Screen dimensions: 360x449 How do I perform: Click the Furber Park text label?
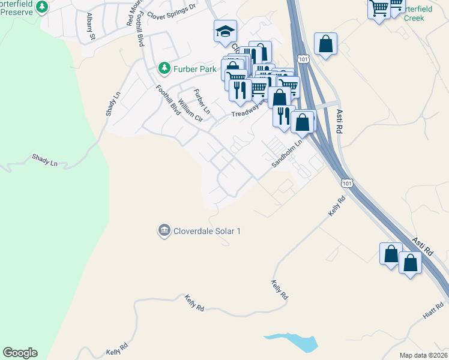point(194,70)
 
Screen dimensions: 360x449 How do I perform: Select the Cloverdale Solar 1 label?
point(206,231)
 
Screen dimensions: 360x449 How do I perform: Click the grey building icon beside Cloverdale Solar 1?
point(164,231)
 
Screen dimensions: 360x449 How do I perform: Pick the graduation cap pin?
point(225,31)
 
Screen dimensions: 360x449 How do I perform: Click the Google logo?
point(20,353)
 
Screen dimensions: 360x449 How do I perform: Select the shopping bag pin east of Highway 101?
point(325,44)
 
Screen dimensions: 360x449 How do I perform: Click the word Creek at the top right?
point(414,19)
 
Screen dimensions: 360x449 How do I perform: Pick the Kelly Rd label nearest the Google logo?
point(118,349)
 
